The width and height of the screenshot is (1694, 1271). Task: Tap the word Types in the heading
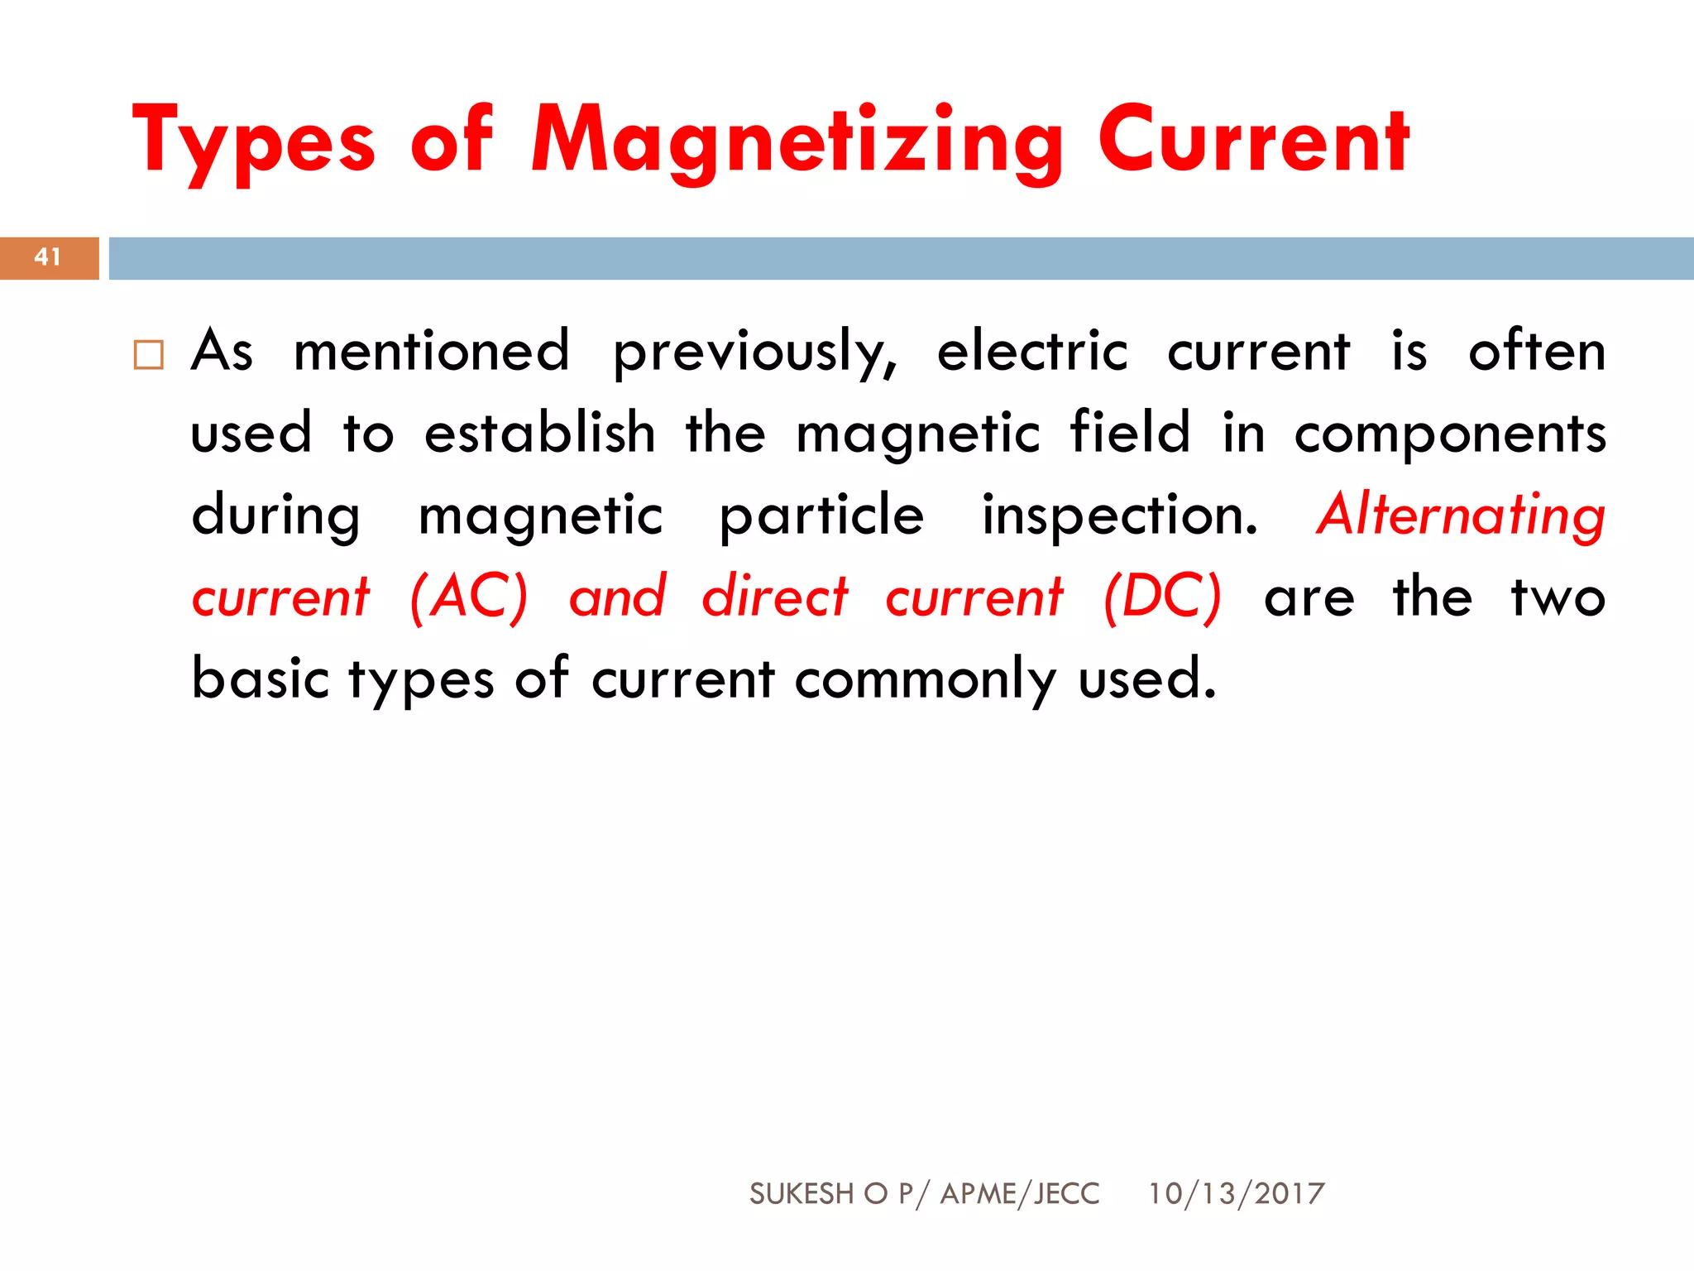click(x=253, y=141)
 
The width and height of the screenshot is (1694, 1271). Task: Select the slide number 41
click(x=48, y=257)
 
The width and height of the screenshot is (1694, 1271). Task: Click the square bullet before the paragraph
click(x=149, y=354)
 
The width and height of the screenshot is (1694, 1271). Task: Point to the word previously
click(x=754, y=353)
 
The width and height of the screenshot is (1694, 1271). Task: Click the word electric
click(x=1032, y=351)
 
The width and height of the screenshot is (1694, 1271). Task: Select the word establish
click(x=539, y=433)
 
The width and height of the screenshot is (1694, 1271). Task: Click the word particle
click(x=821, y=516)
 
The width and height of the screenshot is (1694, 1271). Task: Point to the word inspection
click(x=1119, y=516)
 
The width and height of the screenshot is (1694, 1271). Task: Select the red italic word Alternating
click(x=1461, y=516)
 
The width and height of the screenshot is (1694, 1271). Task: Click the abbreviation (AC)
click(x=469, y=597)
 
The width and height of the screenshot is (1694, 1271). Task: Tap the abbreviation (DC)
click(x=1162, y=597)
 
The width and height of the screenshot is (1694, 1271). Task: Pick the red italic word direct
click(x=775, y=597)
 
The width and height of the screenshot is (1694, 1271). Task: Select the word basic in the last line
click(x=261, y=679)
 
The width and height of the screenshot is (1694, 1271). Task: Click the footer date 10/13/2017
click(x=1236, y=1193)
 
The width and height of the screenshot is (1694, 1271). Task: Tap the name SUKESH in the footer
click(x=801, y=1193)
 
